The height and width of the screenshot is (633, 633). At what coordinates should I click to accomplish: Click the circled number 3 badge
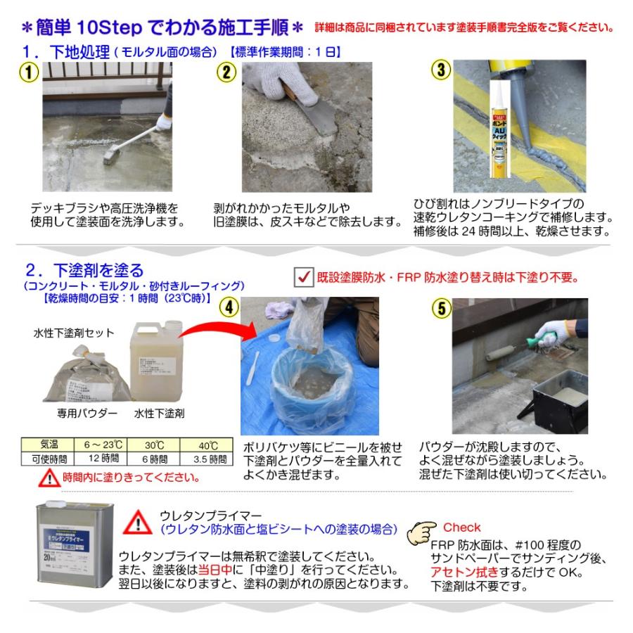pyautogui.click(x=441, y=71)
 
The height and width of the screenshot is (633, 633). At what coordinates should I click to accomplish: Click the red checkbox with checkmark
pyautogui.click(x=303, y=277)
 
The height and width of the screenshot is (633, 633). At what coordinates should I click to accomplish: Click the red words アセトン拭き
pyautogui.click(x=457, y=572)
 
